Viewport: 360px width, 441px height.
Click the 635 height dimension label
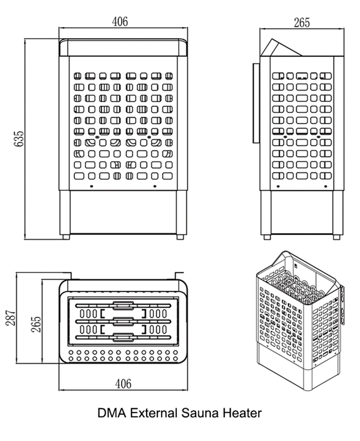point(19,138)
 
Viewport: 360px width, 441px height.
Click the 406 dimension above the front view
point(120,22)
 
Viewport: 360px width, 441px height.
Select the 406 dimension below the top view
point(123,383)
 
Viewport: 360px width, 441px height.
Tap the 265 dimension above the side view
point(302,23)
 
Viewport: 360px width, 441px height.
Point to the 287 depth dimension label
point(11,318)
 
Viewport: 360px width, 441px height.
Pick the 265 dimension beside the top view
point(36,324)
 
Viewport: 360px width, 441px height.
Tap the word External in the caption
point(154,413)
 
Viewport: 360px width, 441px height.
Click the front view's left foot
point(66,237)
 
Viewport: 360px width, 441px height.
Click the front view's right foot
point(180,237)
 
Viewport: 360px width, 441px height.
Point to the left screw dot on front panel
point(91,186)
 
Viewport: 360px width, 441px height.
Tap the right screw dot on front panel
point(155,186)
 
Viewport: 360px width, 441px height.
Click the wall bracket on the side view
point(256,103)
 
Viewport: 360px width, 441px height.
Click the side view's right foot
point(336,237)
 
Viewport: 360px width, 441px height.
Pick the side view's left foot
point(267,237)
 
